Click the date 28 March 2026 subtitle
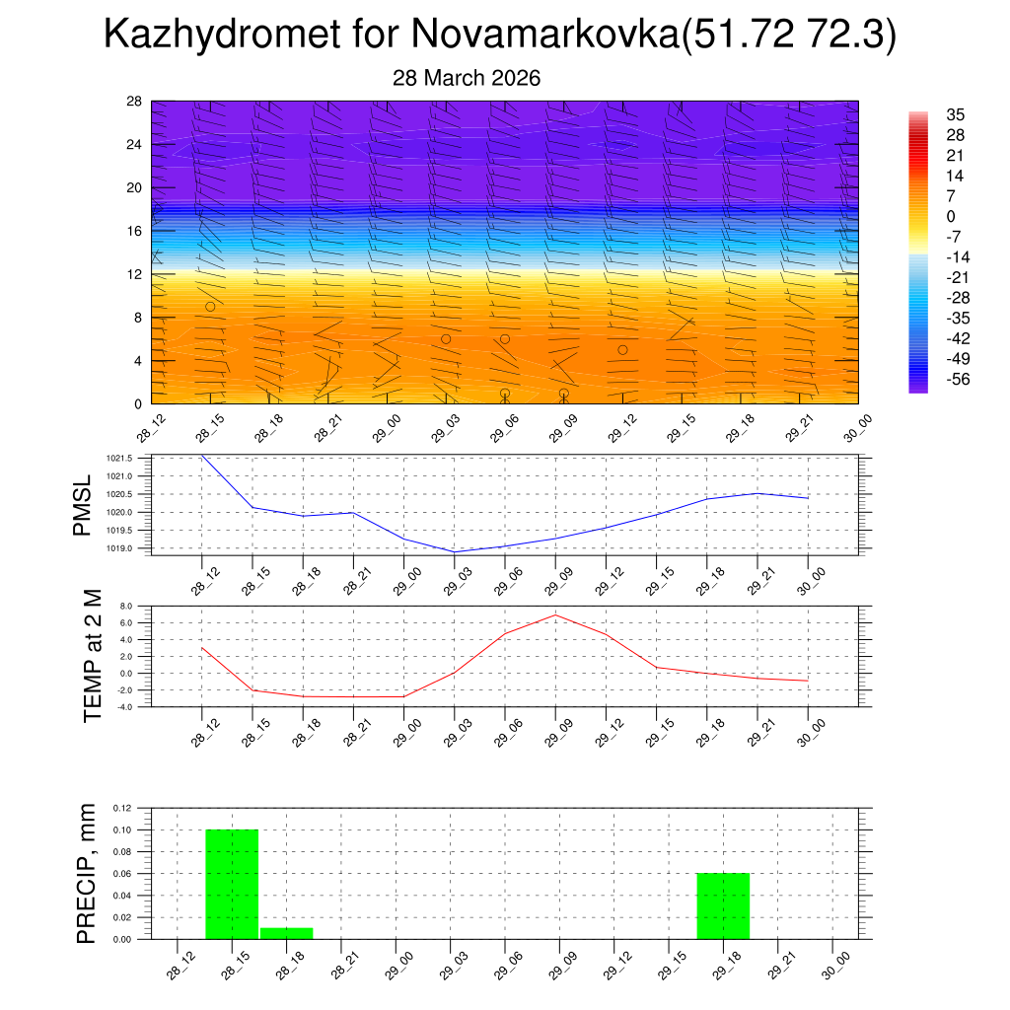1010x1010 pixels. [467, 78]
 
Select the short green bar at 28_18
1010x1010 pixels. [287, 933]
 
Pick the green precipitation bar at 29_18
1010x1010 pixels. [723, 905]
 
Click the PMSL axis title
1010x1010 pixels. [82, 505]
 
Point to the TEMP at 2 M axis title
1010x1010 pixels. [93, 656]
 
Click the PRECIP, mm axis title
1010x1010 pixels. [87, 873]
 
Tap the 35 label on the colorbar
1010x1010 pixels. [954, 114]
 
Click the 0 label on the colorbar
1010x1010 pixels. [951, 216]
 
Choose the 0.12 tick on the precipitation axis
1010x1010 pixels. [120, 808]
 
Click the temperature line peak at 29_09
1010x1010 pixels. [555, 614]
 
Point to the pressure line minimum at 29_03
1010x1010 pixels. [454, 551]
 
